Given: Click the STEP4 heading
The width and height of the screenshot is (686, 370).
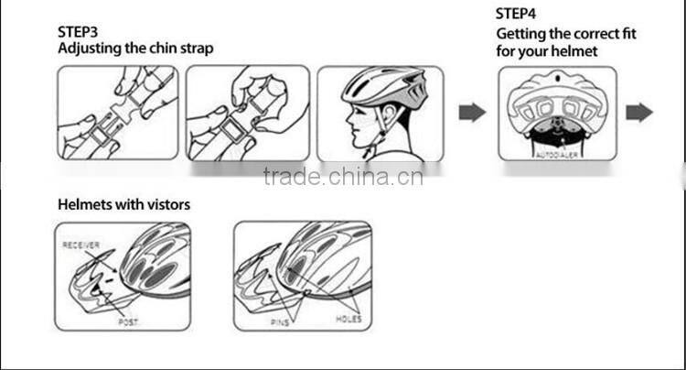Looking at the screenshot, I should coord(518,14).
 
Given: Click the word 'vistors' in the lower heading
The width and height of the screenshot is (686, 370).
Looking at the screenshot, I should coord(165,204).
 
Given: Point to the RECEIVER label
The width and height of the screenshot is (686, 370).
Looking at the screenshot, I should coord(80,245).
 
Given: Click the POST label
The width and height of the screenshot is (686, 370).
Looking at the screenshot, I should coord(128,322).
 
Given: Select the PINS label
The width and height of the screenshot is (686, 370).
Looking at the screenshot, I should coord(280,322).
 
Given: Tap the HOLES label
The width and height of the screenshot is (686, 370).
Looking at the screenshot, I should coord(348,320).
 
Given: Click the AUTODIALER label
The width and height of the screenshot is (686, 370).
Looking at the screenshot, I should coord(558,157).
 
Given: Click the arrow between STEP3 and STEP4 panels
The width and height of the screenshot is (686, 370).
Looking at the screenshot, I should coord(472,113).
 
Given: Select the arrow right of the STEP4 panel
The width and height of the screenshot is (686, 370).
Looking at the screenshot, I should coord(639,113).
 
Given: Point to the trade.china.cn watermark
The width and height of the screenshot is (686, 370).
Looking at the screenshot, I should coord(343,176).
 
